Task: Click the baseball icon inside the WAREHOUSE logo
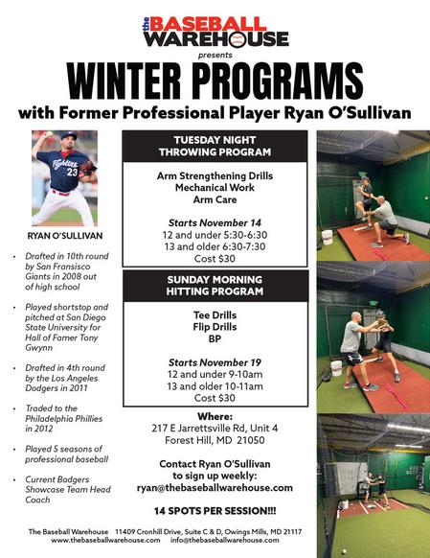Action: (238, 39)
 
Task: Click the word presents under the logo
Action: (215, 56)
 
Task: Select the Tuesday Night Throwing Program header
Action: (215, 146)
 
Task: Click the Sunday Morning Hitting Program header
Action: (215, 286)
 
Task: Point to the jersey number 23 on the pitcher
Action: (72, 173)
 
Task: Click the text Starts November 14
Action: (215, 223)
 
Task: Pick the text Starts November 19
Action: (215, 362)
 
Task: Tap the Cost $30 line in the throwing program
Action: (215, 259)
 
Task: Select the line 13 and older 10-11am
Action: (215, 386)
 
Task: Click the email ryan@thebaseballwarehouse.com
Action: (215, 488)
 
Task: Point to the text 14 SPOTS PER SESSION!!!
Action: (215, 511)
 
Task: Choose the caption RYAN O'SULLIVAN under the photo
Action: (65, 236)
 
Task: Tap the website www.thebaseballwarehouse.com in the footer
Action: (105, 540)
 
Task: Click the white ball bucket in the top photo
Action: (327, 238)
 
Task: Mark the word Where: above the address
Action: (215, 416)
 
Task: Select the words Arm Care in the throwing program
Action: (215, 199)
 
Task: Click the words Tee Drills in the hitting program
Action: (215, 315)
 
